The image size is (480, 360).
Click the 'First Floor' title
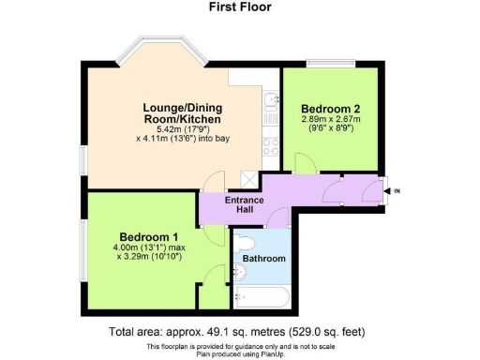240,7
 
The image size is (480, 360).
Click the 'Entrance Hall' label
246,206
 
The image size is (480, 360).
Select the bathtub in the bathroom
262,299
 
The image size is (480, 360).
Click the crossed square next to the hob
250,177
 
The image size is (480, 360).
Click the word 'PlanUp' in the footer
278,353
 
